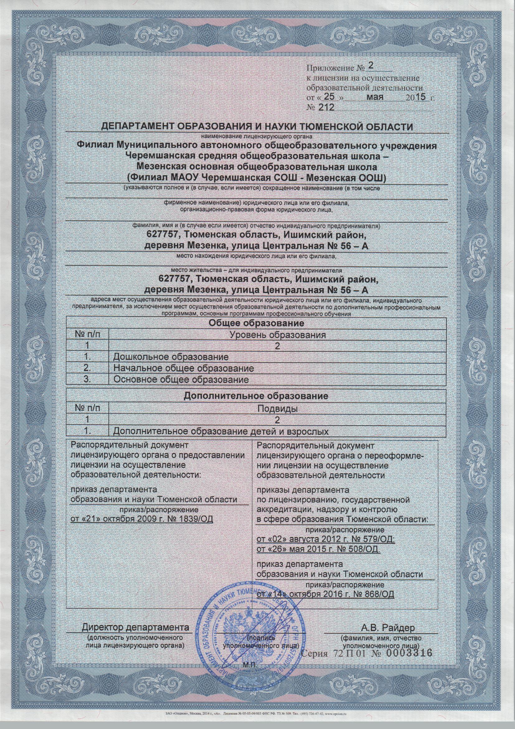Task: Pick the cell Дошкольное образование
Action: pyautogui.click(x=171, y=357)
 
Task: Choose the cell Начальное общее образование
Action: pyautogui.click(x=184, y=368)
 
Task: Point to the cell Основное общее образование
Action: pyautogui.click(x=181, y=379)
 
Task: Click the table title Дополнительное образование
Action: pyautogui.click(x=256, y=396)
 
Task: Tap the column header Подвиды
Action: pyautogui.click(x=278, y=409)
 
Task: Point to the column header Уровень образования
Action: pyautogui.click(x=278, y=335)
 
